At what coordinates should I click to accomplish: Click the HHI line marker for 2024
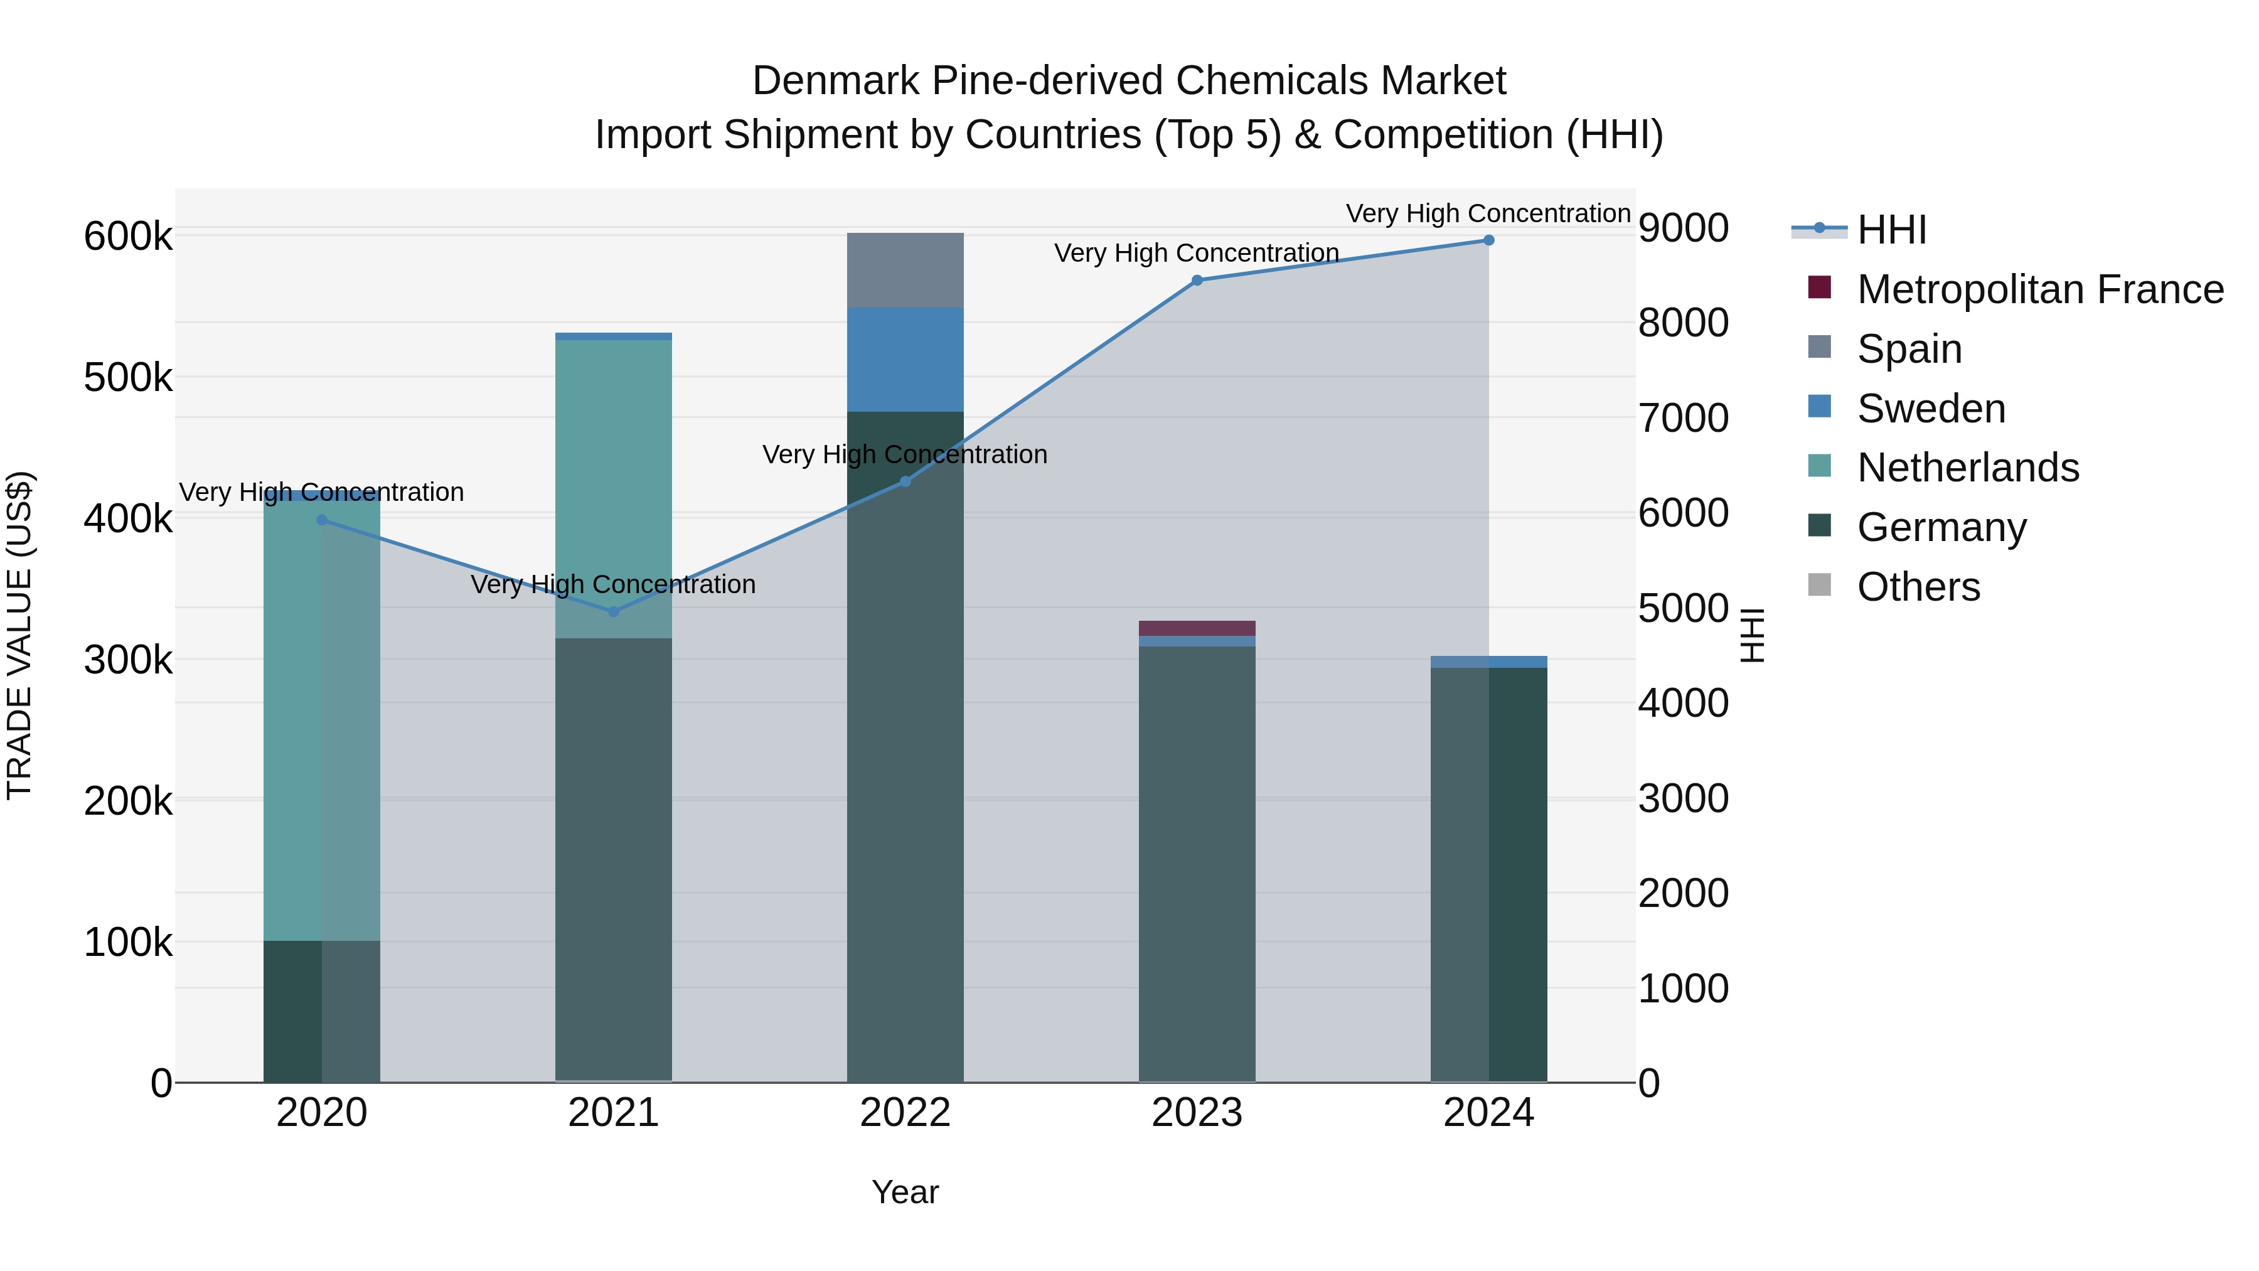1488,240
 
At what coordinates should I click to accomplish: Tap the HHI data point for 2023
1197,281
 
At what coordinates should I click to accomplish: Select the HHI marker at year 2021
614,611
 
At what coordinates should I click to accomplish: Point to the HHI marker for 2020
322,520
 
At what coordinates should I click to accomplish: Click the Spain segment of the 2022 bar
905,270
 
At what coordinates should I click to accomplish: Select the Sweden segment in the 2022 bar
905,360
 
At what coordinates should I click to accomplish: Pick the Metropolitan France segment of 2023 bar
1197,628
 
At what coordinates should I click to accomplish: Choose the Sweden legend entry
1930,409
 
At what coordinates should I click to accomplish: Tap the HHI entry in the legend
1891,230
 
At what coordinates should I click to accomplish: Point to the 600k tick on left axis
128,237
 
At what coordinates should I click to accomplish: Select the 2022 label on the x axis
905,1113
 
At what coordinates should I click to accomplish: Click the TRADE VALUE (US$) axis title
19,635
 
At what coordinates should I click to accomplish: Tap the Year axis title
905,1192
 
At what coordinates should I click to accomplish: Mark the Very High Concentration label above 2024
1488,213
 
